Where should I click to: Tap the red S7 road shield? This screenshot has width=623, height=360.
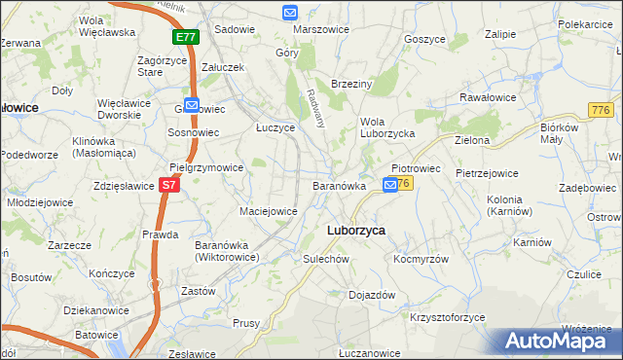pos(169,183)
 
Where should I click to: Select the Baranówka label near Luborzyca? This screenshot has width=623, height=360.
pos(339,185)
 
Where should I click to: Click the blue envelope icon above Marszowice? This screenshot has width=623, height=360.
pos(290,13)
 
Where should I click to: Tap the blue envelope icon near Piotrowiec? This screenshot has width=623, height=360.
pos(390,184)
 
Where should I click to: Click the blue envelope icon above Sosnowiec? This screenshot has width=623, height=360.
pos(192,105)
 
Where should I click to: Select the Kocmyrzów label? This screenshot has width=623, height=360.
pos(421,260)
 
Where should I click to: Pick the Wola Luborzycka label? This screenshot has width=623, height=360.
pos(387,127)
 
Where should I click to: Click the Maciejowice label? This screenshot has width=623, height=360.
pos(268,210)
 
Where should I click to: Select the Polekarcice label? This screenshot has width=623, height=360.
pos(585,21)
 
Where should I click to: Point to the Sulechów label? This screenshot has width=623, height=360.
pos(325,260)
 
